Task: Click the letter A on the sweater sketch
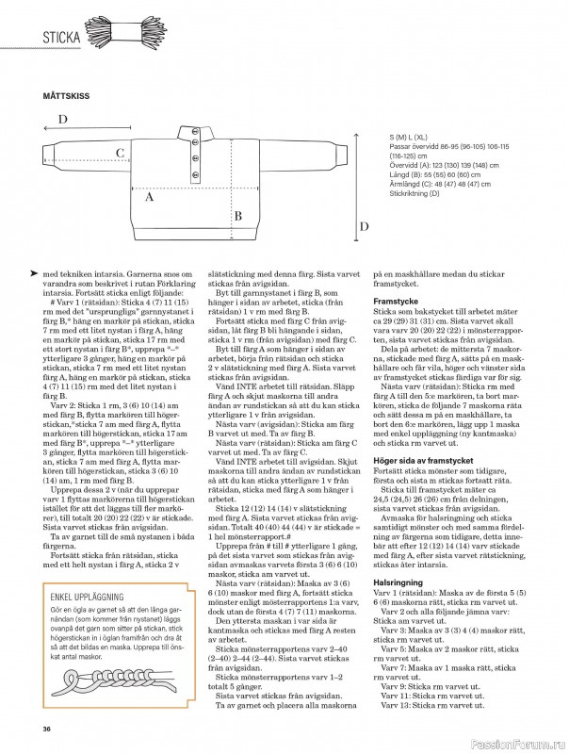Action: coord(149,198)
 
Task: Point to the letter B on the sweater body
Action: coord(238,216)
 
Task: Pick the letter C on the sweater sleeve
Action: coord(120,153)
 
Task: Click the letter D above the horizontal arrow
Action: coord(63,119)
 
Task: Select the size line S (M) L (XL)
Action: coord(415,138)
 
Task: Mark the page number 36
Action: coord(46,728)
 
